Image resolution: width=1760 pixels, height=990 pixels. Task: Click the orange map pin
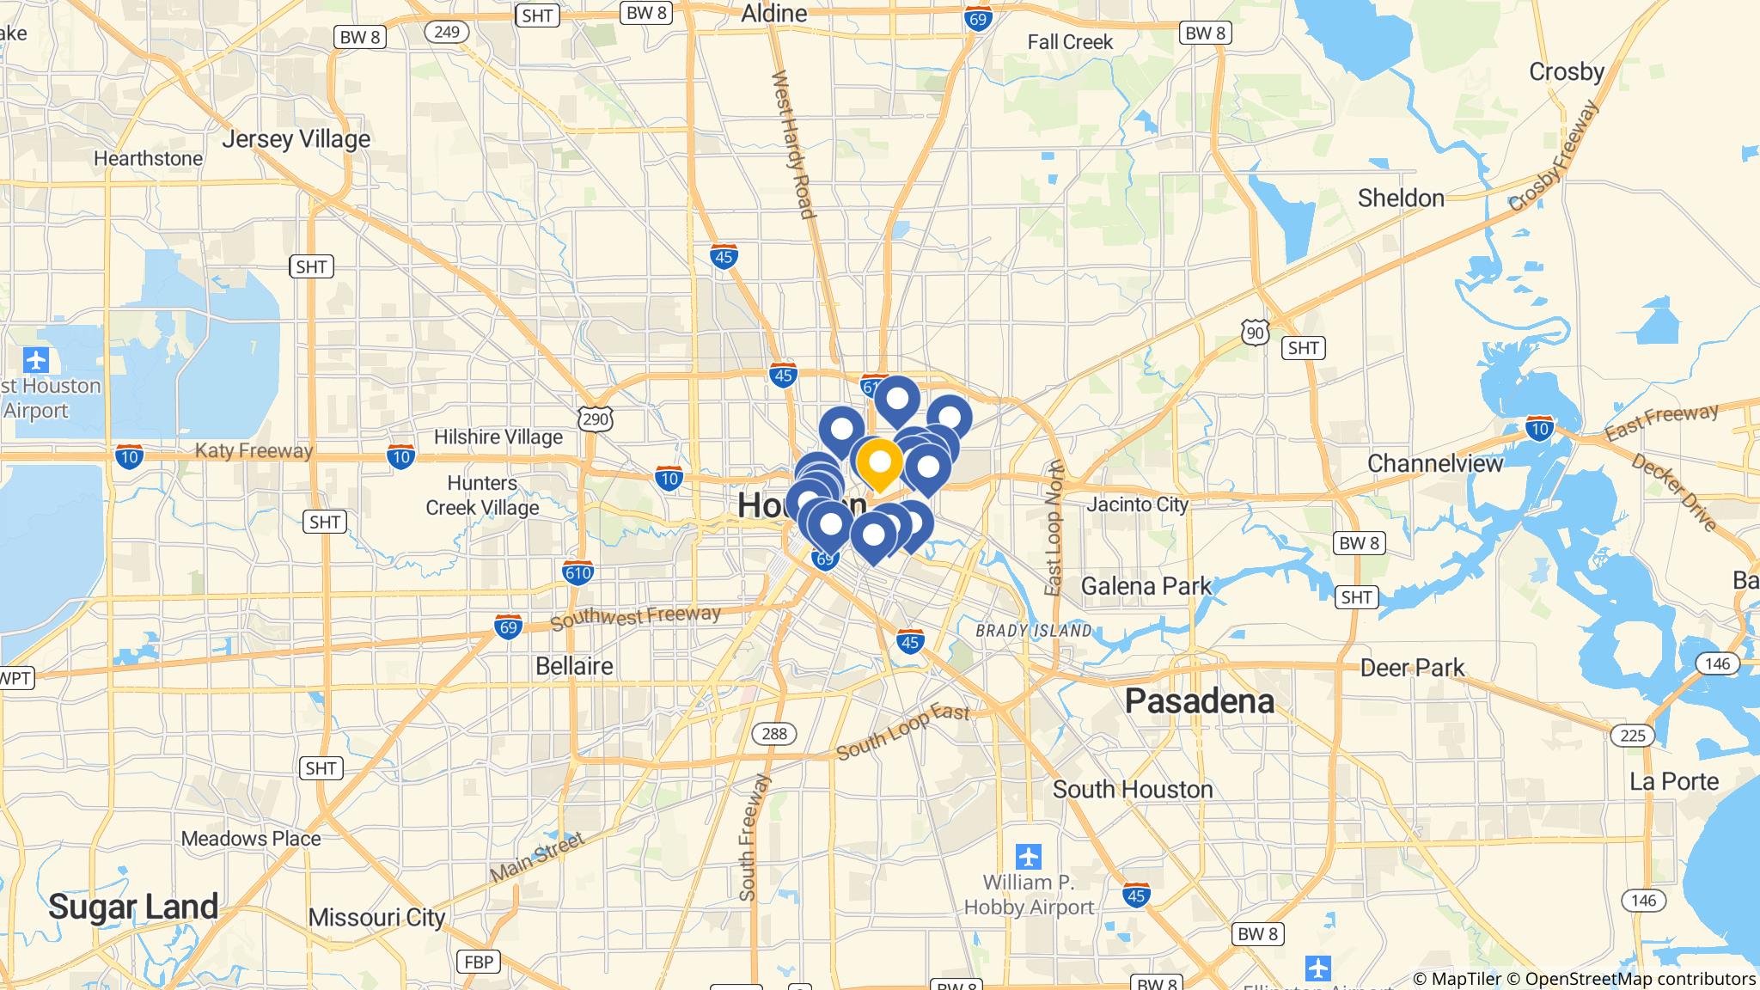click(879, 463)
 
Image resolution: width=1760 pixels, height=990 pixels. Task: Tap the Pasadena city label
click(1199, 701)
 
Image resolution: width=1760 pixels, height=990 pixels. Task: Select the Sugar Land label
click(133, 906)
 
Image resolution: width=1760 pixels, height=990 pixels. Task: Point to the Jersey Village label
click(296, 139)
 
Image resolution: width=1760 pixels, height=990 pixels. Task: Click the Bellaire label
click(574, 666)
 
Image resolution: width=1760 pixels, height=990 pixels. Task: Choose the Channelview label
click(1435, 464)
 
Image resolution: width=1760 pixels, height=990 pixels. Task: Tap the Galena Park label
click(1146, 586)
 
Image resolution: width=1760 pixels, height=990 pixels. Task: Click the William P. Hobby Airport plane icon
click(1029, 857)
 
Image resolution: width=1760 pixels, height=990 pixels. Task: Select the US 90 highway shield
click(1255, 332)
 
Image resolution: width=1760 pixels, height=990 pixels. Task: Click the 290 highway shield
click(596, 419)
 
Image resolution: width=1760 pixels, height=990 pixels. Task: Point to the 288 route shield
click(774, 733)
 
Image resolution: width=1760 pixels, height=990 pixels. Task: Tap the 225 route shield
click(1632, 734)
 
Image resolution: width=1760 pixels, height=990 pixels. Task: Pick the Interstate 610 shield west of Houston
click(577, 572)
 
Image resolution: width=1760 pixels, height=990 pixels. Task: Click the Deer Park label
click(1412, 668)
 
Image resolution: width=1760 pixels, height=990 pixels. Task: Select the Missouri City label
click(376, 918)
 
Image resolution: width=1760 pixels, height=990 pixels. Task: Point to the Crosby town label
click(1566, 72)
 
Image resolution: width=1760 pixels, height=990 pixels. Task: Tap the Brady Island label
click(1033, 631)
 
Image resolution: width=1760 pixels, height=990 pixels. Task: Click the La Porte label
click(1674, 781)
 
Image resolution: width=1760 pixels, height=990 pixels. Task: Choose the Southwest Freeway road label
click(635, 616)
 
